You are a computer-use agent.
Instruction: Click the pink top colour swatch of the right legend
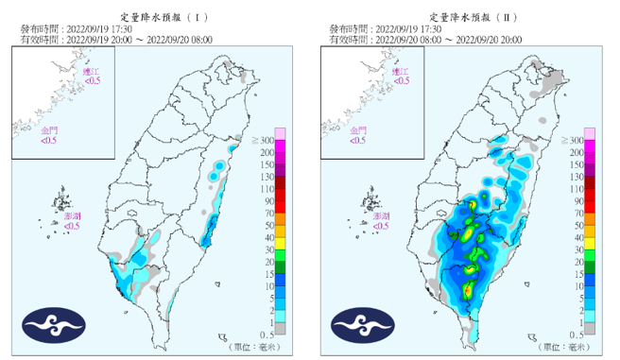(588, 133)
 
